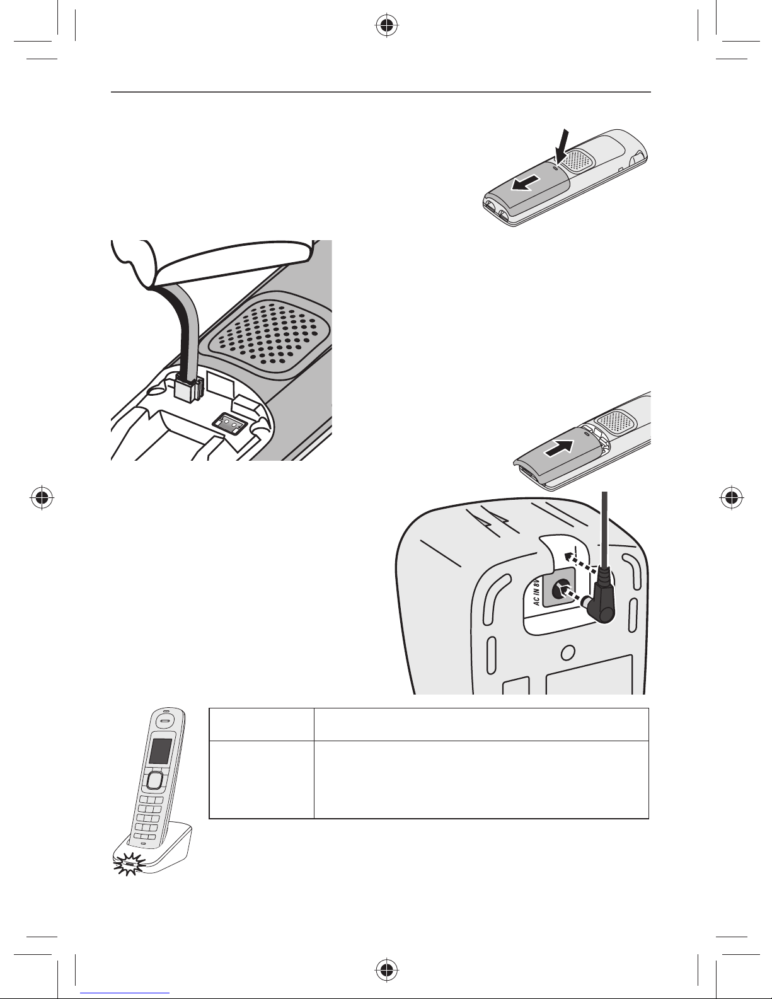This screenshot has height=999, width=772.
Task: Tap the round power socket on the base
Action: tap(558, 591)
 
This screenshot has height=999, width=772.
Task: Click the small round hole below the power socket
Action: tap(567, 651)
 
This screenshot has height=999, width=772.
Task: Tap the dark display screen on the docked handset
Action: tap(159, 751)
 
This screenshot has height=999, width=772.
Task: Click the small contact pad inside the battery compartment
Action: tap(229, 423)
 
